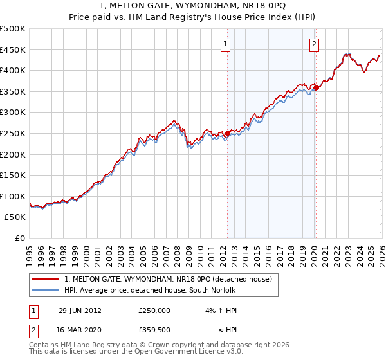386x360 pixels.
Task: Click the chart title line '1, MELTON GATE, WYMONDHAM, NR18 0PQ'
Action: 193,6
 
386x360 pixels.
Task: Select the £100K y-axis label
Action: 13,196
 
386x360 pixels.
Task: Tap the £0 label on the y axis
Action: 20,238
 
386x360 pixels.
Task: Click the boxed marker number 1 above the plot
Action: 226,44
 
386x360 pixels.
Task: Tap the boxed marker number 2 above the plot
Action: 314,44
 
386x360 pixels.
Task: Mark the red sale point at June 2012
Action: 227,133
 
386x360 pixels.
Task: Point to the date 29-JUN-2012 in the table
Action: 80,310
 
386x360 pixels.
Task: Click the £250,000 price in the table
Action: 154,310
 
